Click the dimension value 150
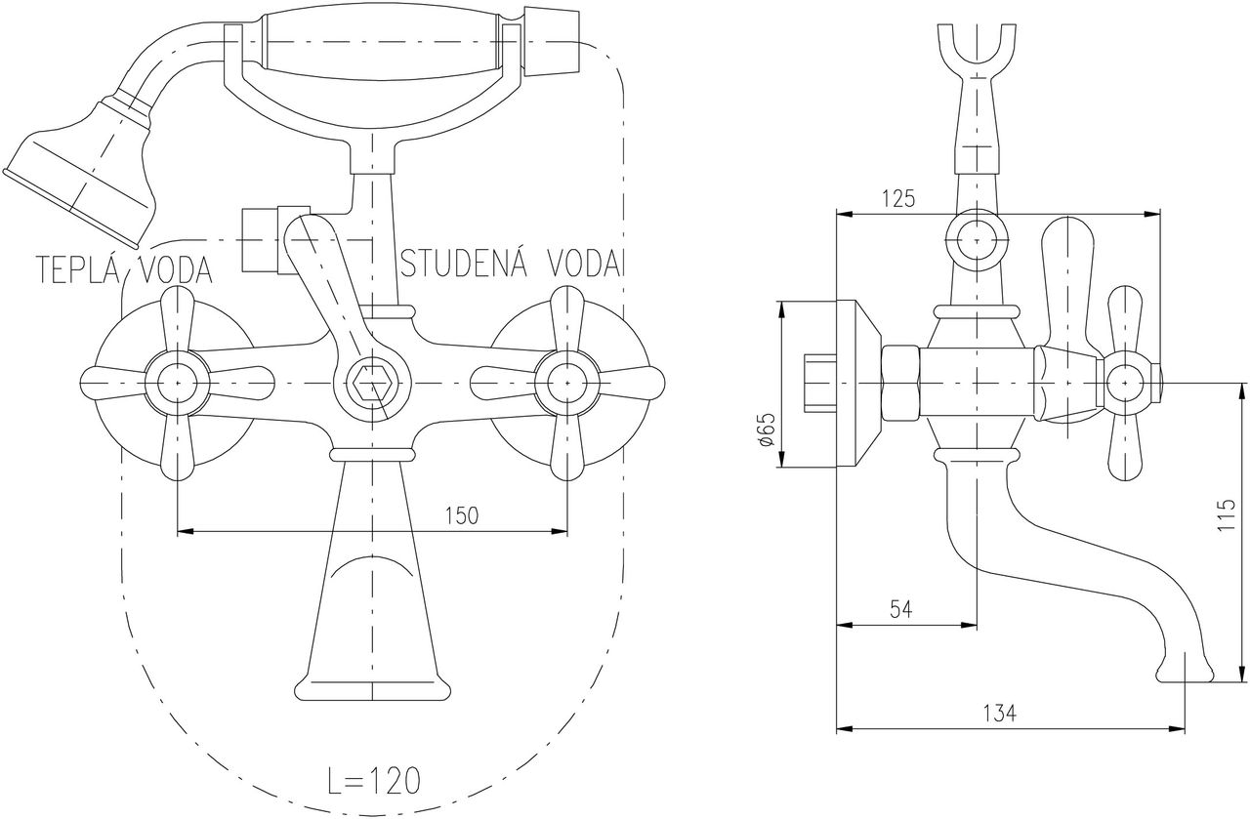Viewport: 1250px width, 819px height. pos(463,516)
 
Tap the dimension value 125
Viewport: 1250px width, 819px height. pos(898,199)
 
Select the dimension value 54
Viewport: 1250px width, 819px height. pos(901,609)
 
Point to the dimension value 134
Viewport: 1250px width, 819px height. pos(999,713)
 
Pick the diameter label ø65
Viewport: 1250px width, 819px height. pos(767,430)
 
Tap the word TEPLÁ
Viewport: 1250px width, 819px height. pos(83,270)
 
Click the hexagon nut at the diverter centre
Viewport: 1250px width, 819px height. pos(372,383)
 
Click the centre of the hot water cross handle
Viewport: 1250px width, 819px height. pos(178,383)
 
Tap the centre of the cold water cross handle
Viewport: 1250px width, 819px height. pos(567,383)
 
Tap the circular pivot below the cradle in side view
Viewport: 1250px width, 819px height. pos(977,240)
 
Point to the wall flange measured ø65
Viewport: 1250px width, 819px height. pos(858,384)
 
